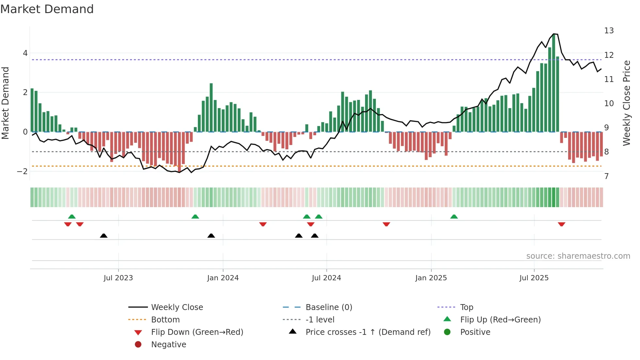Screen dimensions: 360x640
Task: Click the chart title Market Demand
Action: [x=47, y=9]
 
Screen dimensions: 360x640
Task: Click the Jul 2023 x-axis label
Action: [x=118, y=278]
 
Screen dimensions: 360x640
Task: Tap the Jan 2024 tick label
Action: [x=223, y=278]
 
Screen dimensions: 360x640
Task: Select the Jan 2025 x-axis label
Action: [x=431, y=278]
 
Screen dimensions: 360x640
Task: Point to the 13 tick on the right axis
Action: [x=609, y=31]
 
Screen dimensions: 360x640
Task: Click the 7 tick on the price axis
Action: [x=606, y=176]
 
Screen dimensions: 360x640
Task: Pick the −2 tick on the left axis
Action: [x=22, y=172]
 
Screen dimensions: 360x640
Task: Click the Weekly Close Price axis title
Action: [x=626, y=103]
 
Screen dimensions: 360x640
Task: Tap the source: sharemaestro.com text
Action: [x=578, y=256]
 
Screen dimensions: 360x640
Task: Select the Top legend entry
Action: [x=466, y=307]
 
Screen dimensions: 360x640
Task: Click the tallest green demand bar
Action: [x=553, y=83]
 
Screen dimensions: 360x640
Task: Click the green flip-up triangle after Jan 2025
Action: [x=454, y=217]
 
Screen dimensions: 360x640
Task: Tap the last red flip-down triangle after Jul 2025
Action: [x=561, y=224]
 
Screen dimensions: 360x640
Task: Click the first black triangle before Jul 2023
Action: [x=104, y=236]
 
